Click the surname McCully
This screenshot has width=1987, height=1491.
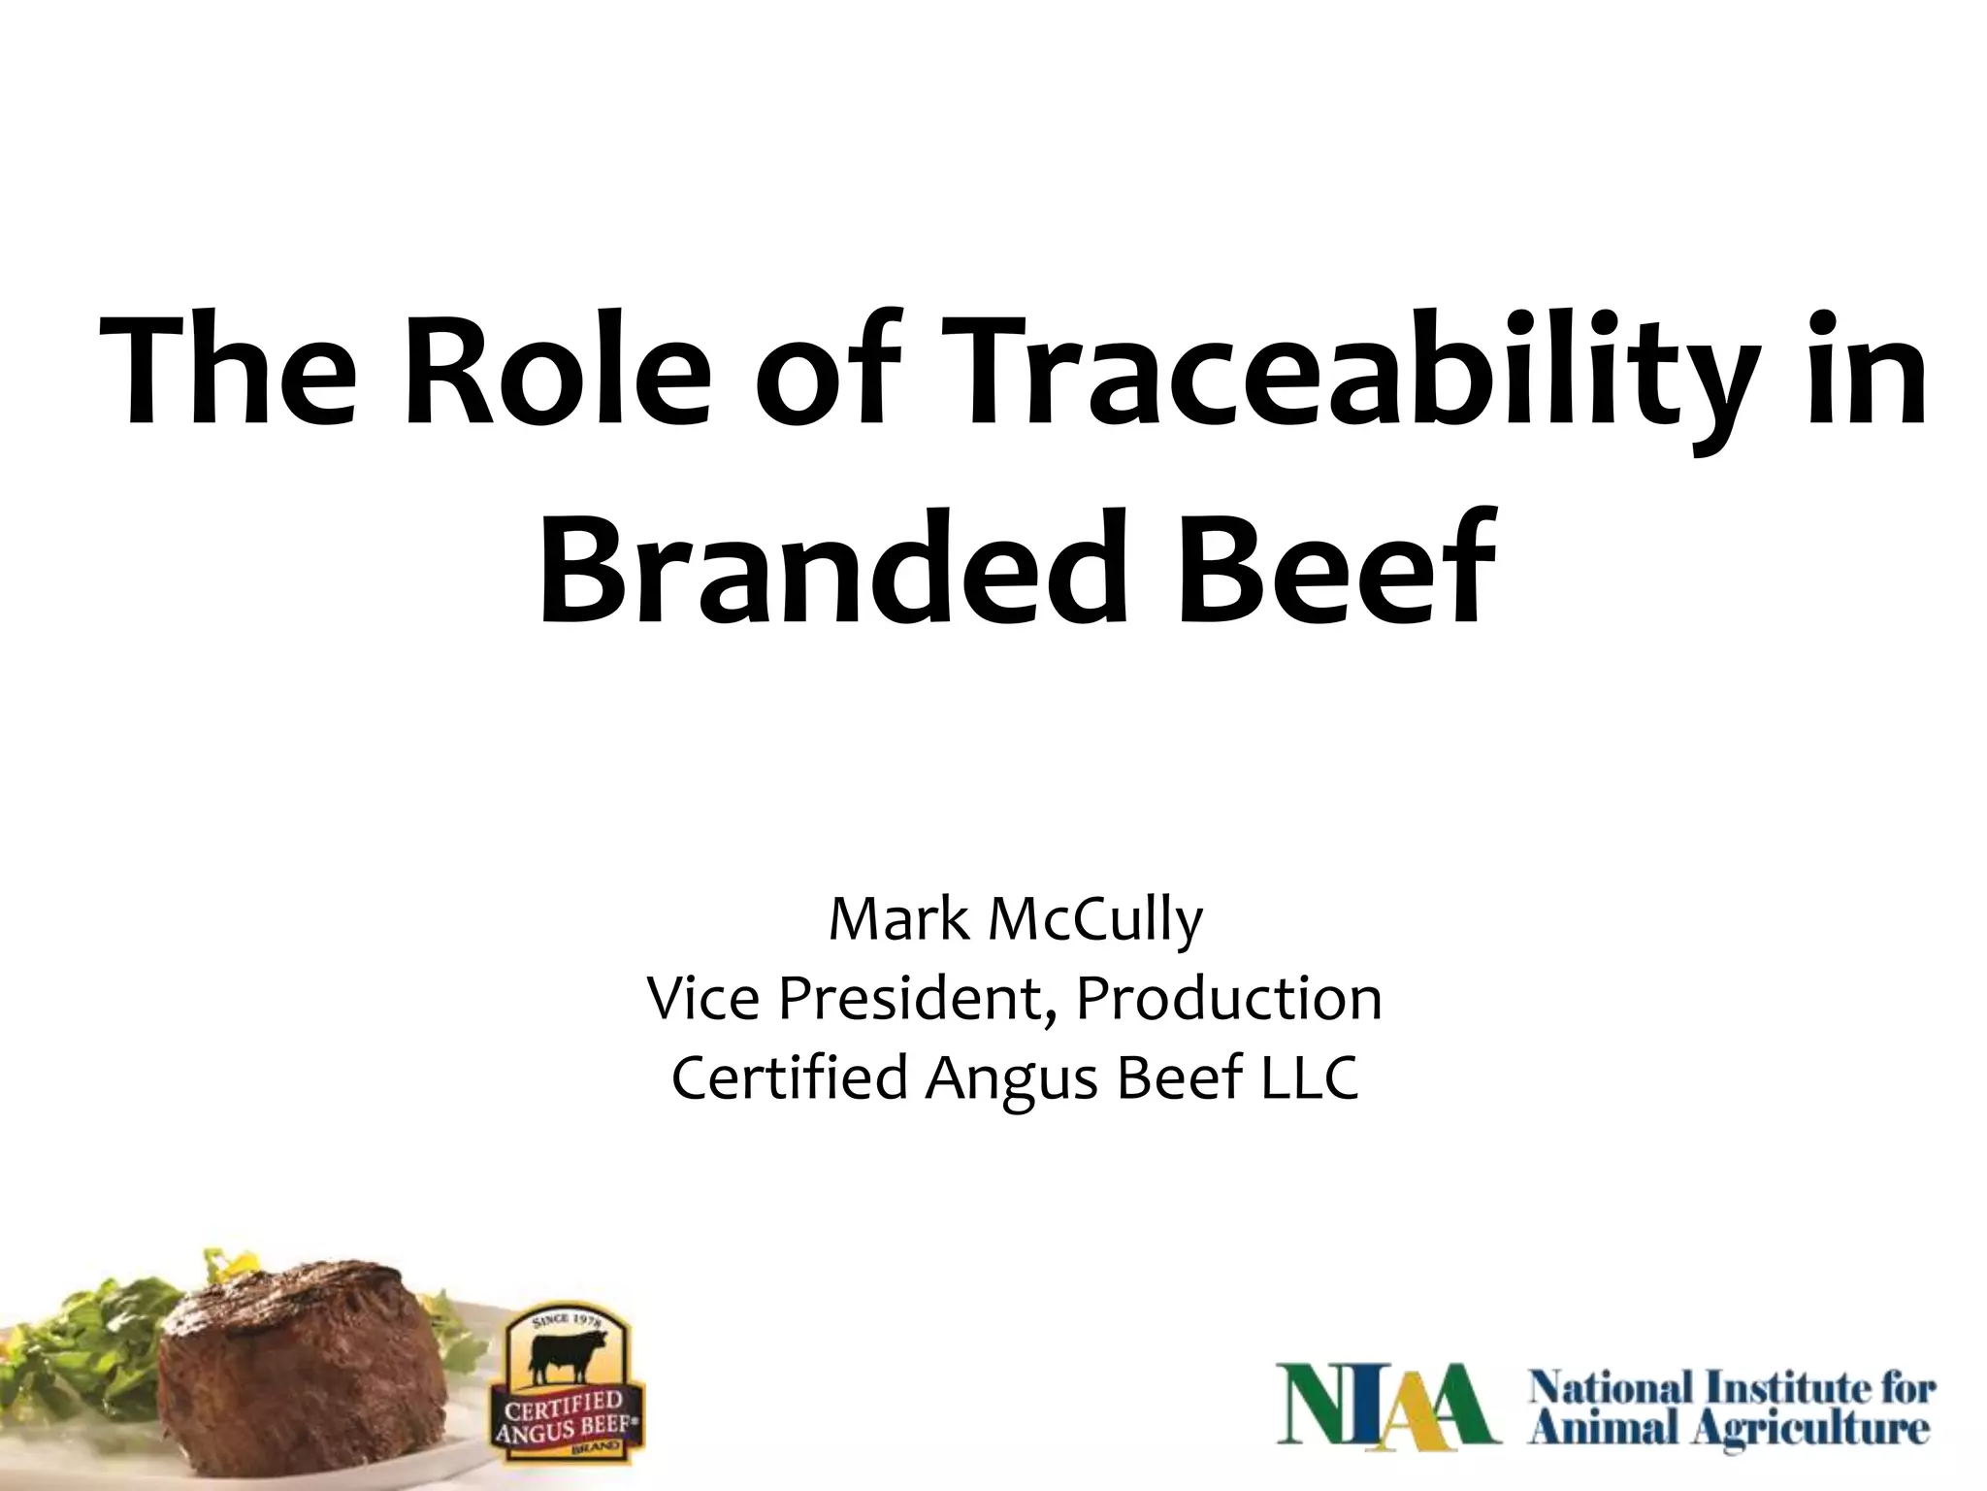(x=1095, y=922)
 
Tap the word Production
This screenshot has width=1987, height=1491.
(x=1227, y=999)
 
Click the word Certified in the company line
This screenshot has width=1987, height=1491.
(x=787, y=1077)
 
